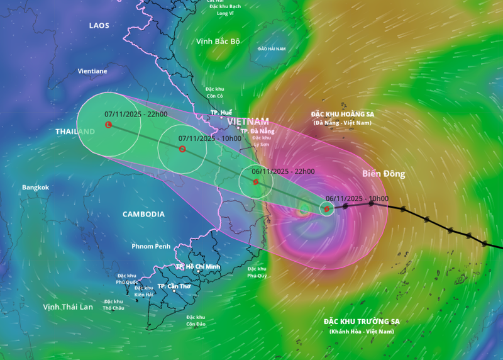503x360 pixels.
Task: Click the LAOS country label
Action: [99, 26]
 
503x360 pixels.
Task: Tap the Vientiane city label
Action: [92, 71]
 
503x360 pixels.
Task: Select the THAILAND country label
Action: [75, 132]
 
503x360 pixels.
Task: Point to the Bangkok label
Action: [35, 188]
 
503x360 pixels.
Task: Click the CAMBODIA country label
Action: [143, 214]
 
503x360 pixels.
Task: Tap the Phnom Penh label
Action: [152, 245]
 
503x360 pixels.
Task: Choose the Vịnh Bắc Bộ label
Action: [218, 42]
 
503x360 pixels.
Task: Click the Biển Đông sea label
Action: [384, 174]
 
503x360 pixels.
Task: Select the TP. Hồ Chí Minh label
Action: [198, 267]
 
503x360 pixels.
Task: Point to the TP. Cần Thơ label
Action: [174, 286]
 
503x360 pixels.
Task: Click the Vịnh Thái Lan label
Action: [68, 307]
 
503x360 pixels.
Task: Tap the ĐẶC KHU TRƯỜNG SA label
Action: [361, 322]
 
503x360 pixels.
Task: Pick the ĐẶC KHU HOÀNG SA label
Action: [343, 114]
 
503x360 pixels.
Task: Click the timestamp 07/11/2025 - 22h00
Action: [136, 114]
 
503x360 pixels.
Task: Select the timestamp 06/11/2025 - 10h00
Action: [357, 198]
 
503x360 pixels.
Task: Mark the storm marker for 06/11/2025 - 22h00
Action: [256, 182]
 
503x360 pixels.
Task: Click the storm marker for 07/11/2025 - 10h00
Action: [182, 149]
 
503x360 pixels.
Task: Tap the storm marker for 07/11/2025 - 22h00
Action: [108, 125]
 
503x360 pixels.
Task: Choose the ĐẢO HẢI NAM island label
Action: [272, 48]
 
